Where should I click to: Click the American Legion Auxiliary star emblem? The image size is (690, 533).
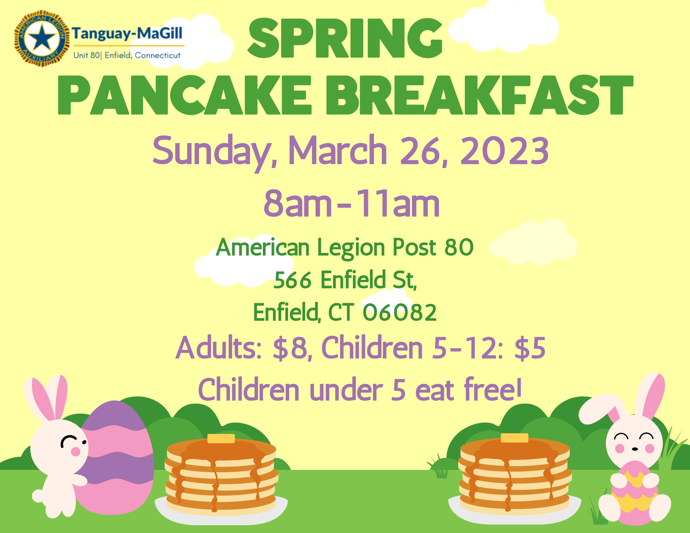click(41, 38)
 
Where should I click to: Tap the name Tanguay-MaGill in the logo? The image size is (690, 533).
click(127, 34)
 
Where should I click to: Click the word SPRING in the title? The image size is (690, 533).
click(345, 39)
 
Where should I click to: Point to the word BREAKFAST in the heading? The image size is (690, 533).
click(480, 96)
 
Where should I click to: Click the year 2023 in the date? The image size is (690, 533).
click(504, 151)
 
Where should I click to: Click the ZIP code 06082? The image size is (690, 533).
click(399, 313)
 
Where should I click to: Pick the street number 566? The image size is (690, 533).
click(293, 280)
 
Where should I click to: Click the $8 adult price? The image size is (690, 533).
click(290, 348)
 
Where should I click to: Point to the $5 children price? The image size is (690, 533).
click(530, 348)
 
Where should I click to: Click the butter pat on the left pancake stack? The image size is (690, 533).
click(221, 438)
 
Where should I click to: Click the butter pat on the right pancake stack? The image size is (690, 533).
click(514, 438)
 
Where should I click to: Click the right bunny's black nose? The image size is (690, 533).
click(634, 449)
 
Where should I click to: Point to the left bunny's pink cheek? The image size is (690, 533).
click(75, 452)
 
